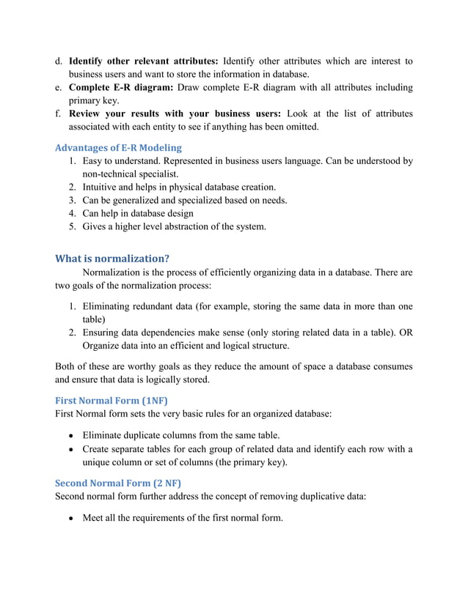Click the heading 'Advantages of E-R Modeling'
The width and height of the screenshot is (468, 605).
[119, 147]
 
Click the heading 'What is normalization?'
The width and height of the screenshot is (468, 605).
[112, 258]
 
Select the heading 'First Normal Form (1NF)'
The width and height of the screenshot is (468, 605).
[111, 400]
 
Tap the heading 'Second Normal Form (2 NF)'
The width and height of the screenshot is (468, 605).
[118, 483]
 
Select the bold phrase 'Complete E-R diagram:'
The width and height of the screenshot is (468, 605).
[122, 88]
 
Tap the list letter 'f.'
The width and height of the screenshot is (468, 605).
[59, 114]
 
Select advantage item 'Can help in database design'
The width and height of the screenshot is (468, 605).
[138, 213]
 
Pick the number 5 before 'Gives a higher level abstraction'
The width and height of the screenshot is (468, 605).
[72, 226]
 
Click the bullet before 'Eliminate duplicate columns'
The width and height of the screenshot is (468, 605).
[72, 435]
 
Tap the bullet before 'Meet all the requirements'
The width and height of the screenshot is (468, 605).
[72, 519]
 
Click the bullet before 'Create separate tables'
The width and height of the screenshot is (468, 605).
[72, 449]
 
